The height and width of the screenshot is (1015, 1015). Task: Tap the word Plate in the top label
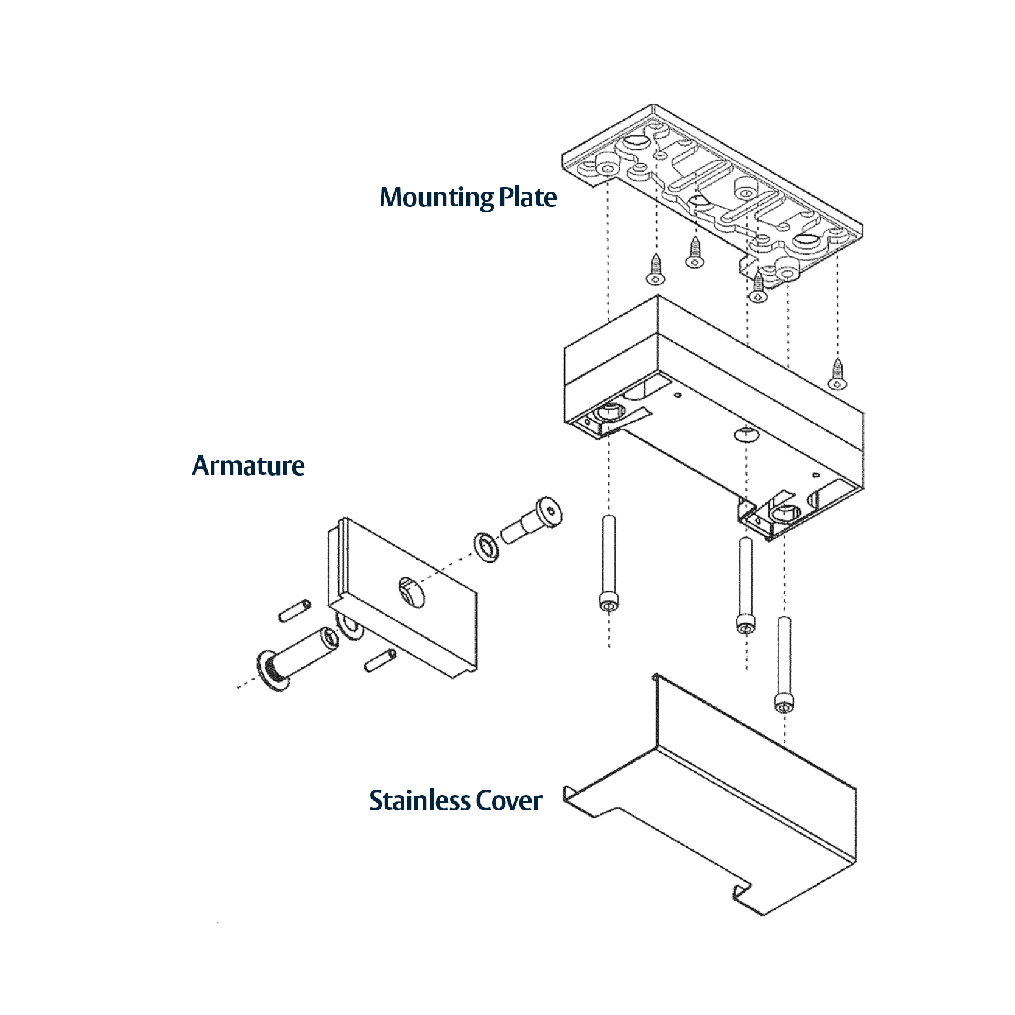[527, 197]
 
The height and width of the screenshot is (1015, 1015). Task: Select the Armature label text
[248, 466]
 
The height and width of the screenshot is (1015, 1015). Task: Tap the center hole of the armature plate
[410, 591]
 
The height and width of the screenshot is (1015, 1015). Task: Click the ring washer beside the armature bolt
[486, 546]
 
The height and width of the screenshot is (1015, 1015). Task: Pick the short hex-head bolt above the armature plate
[532, 522]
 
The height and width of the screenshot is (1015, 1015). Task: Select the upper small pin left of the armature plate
[295, 611]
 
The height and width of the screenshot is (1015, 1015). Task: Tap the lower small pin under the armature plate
[380, 661]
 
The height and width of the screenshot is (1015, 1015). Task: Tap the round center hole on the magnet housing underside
[746, 434]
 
